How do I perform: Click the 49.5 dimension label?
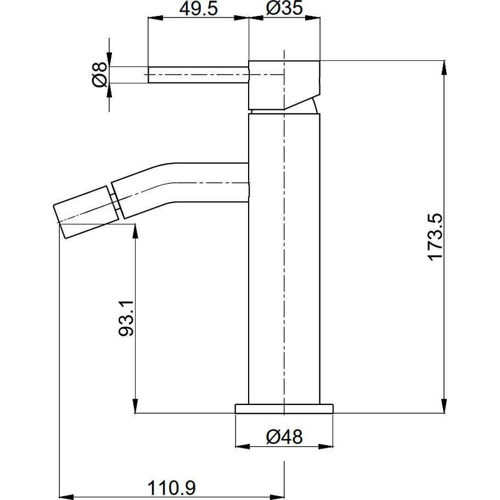click(x=198, y=9)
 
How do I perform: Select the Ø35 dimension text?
click(x=284, y=8)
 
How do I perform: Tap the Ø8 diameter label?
click(x=100, y=75)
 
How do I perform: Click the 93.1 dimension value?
click(x=126, y=318)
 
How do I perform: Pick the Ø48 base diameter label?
click(x=284, y=437)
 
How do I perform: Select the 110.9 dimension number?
click(x=172, y=488)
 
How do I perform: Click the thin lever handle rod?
click(x=198, y=75)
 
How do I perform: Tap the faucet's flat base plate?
click(x=284, y=409)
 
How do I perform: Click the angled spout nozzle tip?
click(x=86, y=212)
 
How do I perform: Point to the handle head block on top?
click(x=284, y=85)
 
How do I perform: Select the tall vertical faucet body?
click(x=284, y=259)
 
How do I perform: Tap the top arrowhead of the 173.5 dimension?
click(x=444, y=68)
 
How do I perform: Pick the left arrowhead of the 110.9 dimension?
click(x=67, y=497)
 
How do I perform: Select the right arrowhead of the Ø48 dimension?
click(x=326, y=446)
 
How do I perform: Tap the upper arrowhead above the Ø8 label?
click(x=109, y=60)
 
